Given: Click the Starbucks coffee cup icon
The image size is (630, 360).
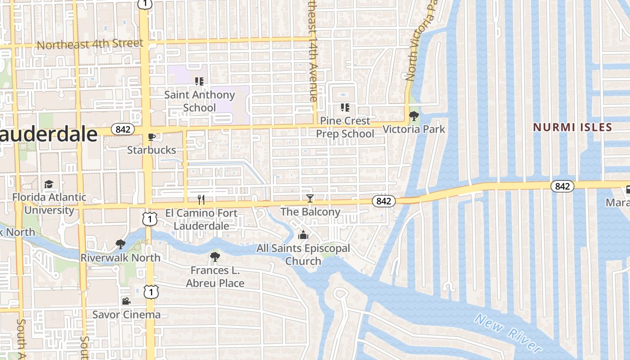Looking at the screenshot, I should pyautogui.click(x=152, y=137).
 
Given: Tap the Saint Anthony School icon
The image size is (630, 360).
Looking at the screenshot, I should pyautogui.click(x=199, y=81).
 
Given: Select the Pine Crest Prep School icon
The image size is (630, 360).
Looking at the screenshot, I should pyautogui.click(x=345, y=108).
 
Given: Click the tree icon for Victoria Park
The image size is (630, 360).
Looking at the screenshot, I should pyautogui.click(x=414, y=117).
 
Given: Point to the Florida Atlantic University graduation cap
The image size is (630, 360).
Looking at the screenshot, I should pyautogui.click(x=49, y=184).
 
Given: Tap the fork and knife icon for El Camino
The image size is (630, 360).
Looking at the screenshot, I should pyautogui.click(x=201, y=199).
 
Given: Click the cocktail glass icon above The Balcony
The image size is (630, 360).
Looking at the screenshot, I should pyautogui.click(x=310, y=198).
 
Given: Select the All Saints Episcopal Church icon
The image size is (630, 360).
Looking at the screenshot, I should pyautogui.click(x=303, y=235).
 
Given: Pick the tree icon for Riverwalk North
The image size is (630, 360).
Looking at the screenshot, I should pyautogui.click(x=120, y=245).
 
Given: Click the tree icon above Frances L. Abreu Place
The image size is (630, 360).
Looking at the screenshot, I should pyautogui.click(x=215, y=257).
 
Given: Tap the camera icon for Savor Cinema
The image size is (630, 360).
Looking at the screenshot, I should pyautogui.click(x=126, y=301).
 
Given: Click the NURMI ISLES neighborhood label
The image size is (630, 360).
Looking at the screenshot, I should pyautogui.click(x=572, y=127).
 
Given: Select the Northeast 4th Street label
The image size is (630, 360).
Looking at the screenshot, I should pyautogui.click(x=90, y=45).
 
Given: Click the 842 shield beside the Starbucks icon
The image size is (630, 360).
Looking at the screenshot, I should pyautogui.click(x=123, y=130).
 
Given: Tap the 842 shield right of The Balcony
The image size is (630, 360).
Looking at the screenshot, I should pyautogui.click(x=383, y=201).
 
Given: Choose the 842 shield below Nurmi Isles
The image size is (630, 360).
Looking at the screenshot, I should pyautogui.click(x=562, y=186).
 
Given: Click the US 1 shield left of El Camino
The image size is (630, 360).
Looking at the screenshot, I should pyautogui.click(x=150, y=219).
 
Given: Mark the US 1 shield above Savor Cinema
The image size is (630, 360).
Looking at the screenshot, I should pyautogui.click(x=151, y=292).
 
